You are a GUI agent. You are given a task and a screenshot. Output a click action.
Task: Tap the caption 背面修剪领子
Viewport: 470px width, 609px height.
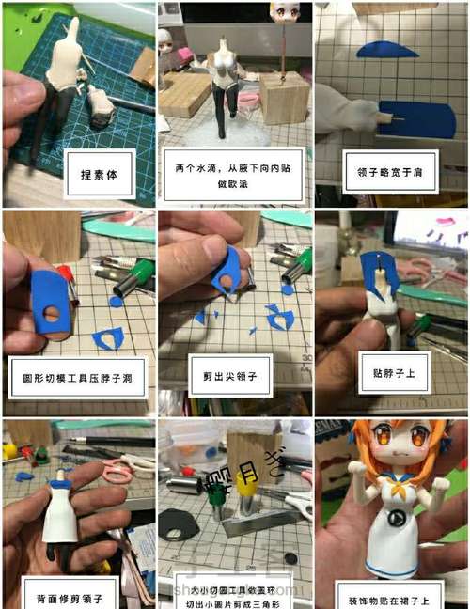click(79, 595)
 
